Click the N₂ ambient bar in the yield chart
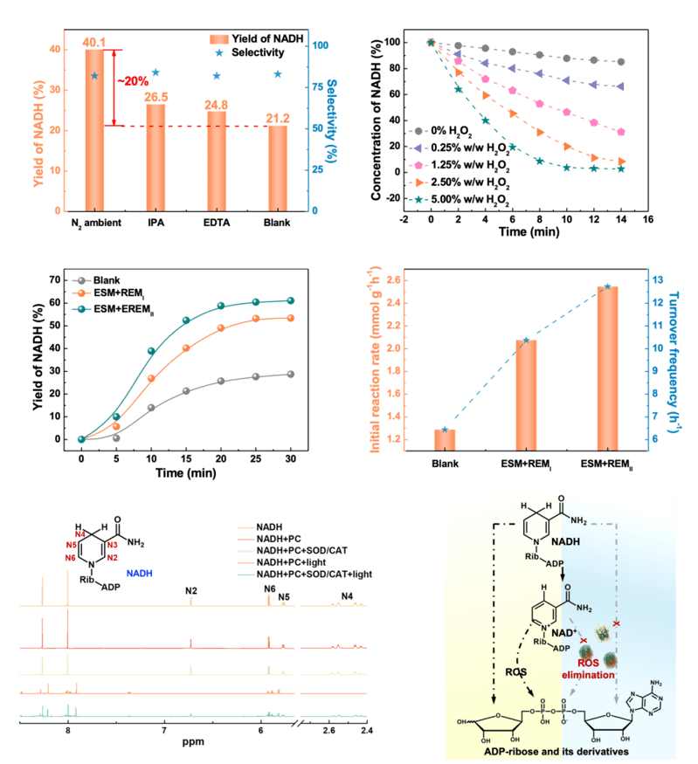point(94,131)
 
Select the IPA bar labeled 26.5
point(155,157)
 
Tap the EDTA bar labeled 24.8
point(216,161)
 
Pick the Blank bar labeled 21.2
point(277,168)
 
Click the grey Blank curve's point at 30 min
point(289,375)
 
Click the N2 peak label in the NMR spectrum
point(190,590)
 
